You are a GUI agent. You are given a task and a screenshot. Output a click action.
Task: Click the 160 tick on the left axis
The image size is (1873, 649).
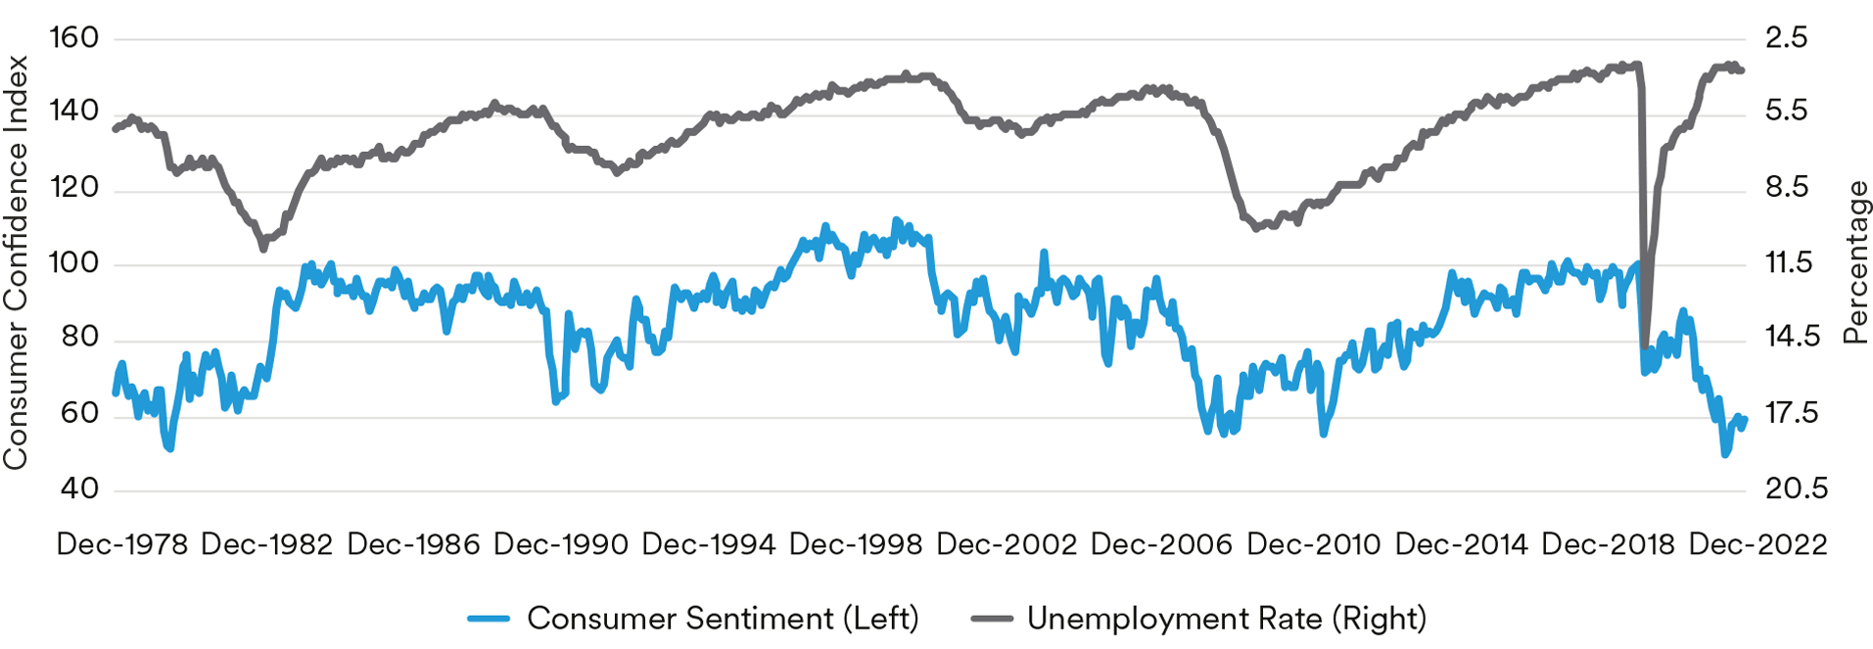tap(74, 38)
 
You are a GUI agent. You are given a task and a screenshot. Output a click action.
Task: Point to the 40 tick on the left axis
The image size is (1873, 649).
tap(78, 488)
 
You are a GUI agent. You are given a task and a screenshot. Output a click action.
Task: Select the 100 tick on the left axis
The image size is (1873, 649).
tap(74, 263)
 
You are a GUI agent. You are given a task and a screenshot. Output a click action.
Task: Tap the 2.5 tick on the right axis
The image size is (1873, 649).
tap(1786, 38)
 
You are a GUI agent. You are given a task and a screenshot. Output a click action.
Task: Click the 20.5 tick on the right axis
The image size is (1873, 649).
tap(1796, 488)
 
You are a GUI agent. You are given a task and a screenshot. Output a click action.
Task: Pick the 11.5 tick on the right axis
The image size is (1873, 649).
tap(1788, 263)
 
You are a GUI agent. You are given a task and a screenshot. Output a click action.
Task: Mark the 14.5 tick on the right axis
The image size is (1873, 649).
tap(1792, 338)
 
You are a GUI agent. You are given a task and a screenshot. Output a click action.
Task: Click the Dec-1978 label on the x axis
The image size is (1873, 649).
tap(121, 545)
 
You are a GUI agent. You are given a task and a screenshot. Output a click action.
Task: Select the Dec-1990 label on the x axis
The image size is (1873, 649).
tap(561, 545)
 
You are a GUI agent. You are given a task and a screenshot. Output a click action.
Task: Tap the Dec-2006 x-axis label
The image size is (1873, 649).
tap(1161, 545)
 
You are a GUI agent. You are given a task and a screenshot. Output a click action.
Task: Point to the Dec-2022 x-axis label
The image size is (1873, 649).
tap(1758, 545)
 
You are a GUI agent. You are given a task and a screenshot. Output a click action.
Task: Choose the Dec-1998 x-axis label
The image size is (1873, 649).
tap(856, 545)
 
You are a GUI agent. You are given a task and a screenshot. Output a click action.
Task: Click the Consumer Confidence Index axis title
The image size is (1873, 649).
tap(16, 263)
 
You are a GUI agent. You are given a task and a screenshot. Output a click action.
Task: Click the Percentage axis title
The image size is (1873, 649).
tap(1855, 263)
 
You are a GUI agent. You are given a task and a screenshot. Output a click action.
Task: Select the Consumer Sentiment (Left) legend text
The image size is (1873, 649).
tap(723, 619)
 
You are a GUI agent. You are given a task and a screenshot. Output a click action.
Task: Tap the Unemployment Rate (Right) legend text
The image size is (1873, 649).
tap(1227, 619)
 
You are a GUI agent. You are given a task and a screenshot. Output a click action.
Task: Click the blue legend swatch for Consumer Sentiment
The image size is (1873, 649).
tap(489, 619)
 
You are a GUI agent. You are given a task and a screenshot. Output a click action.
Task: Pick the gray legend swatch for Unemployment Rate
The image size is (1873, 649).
tap(991, 619)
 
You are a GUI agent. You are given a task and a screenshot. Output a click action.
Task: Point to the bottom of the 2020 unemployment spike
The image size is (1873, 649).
tap(1644, 342)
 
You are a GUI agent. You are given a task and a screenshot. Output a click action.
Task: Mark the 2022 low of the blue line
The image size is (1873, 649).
tap(1725, 454)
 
